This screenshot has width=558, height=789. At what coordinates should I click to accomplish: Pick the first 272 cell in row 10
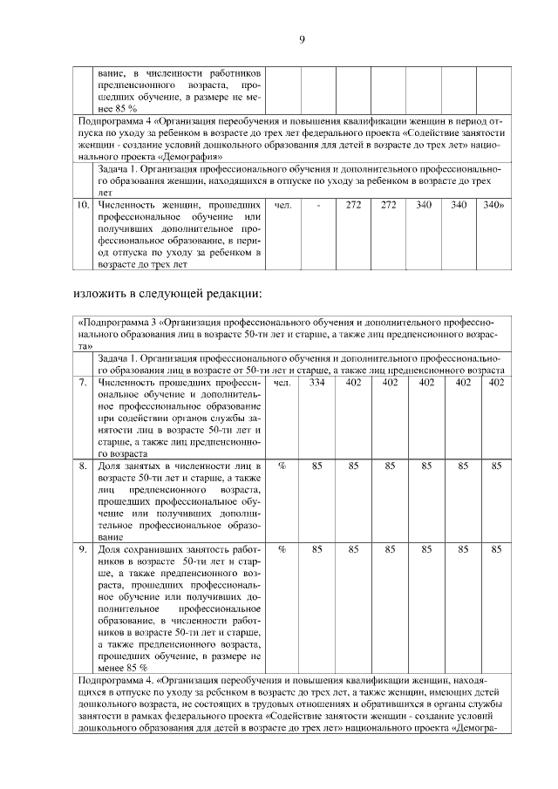(354, 206)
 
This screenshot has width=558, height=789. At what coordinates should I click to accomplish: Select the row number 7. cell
(83, 382)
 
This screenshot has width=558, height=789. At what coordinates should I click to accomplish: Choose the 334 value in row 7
(318, 382)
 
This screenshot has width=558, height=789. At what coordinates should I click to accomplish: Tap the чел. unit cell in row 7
(282, 382)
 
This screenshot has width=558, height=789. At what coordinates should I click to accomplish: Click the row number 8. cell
(83, 466)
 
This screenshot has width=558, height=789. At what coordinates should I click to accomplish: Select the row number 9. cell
(83, 549)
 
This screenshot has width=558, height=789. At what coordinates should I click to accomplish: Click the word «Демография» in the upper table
(179, 156)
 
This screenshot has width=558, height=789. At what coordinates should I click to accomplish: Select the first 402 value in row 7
(354, 382)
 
